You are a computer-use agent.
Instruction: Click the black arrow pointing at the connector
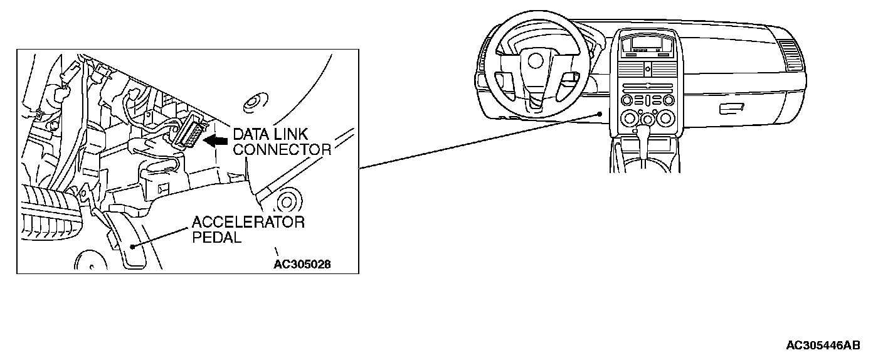pos(217,142)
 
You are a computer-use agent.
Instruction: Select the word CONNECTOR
pos(282,149)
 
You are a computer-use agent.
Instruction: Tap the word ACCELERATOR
pos(248,222)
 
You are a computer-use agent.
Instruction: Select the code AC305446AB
pos(823,346)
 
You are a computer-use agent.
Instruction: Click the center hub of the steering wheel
pos(535,60)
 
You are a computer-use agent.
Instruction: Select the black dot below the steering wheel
pos(600,113)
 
